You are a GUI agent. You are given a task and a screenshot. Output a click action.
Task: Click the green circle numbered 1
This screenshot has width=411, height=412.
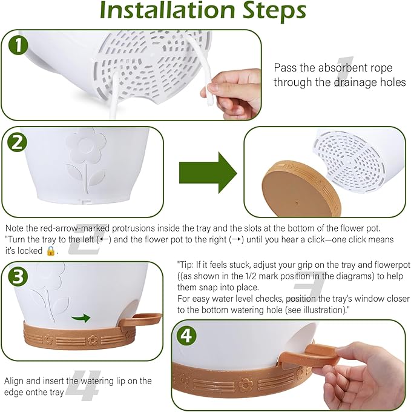pyautogui.click(x=18, y=45)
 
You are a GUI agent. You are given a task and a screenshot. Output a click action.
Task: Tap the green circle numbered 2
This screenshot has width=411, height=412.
pyautogui.click(x=18, y=142)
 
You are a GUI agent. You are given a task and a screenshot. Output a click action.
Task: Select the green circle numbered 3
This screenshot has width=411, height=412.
pyautogui.click(x=18, y=277)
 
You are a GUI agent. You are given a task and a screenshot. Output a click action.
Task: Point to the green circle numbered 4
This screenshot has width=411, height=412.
pyautogui.click(x=186, y=336)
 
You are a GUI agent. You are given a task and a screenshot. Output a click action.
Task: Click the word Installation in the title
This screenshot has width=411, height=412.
pyautogui.click(x=167, y=10)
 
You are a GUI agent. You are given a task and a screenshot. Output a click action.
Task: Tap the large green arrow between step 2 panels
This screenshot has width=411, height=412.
pyautogui.click(x=208, y=173)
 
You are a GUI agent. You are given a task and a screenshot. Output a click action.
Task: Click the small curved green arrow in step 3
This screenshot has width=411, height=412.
pyautogui.click(x=81, y=318)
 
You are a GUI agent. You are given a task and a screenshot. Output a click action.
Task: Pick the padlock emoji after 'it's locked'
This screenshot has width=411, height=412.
pyautogui.click(x=51, y=251)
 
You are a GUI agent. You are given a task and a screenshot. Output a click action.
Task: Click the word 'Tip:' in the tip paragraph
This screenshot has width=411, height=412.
pyautogui.click(x=186, y=265)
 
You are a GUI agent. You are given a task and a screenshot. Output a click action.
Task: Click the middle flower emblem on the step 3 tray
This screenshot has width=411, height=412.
pyautogui.click(x=93, y=341)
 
